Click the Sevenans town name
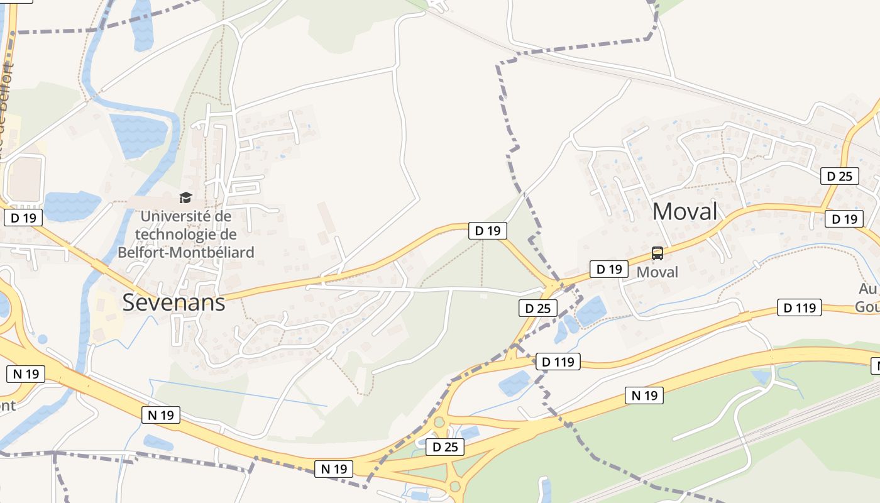[x=173, y=302]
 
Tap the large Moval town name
[x=685, y=211]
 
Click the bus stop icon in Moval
[x=657, y=253]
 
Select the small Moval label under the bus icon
[x=657, y=272]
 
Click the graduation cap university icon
[x=185, y=198]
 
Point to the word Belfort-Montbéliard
[x=186, y=252]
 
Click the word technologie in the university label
[x=186, y=235]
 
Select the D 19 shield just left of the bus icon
[x=608, y=269]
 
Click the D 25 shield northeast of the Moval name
[x=839, y=176]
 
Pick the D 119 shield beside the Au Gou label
[x=800, y=307]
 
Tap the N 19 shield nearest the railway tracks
[x=644, y=395]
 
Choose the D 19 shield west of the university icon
[x=24, y=218]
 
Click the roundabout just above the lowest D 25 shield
[x=439, y=423]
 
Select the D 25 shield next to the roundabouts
[x=445, y=447]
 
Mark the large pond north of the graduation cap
[x=138, y=135]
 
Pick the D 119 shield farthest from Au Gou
[x=558, y=362]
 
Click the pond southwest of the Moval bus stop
[x=590, y=311]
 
